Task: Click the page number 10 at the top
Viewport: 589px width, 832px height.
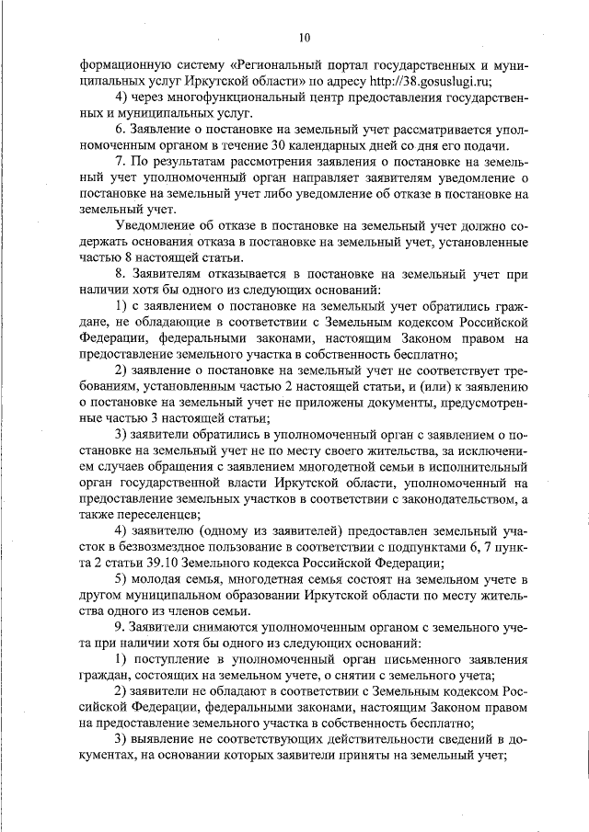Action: (305, 38)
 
